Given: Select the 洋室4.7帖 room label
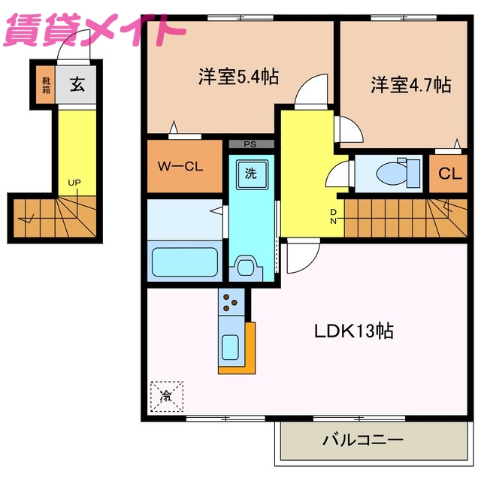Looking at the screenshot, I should (x=410, y=84).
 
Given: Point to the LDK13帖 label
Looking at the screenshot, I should (x=355, y=331).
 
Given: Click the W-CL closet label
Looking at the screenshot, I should (x=180, y=167).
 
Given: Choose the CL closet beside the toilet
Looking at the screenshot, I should (x=449, y=174).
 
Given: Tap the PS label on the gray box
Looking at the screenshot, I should (x=250, y=144).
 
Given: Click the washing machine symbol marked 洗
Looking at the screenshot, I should (x=250, y=174).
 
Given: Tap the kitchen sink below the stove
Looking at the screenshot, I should (x=231, y=347).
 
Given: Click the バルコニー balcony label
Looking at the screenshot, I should (x=363, y=439).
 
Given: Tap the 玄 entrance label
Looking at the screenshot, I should (x=77, y=85).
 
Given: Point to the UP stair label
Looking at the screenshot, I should (x=74, y=183).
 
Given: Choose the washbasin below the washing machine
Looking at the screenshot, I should (x=246, y=265).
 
